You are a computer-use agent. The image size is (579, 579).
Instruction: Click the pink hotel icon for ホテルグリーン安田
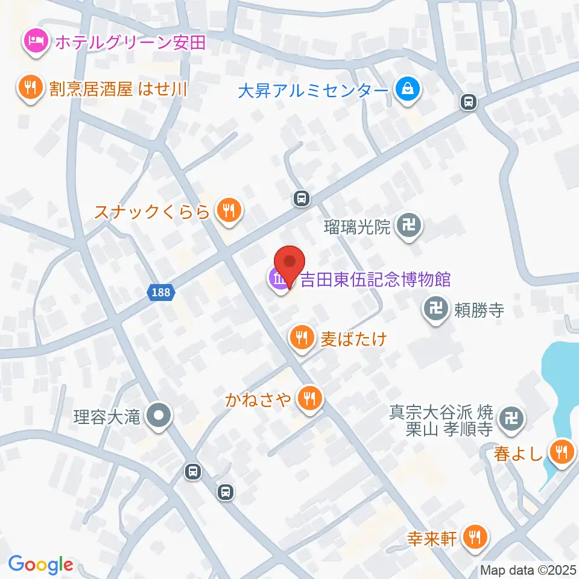click(x=32, y=42)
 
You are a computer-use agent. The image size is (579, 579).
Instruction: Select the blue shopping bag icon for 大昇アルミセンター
click(x=408, y=90)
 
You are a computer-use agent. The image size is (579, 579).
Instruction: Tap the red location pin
click(x=289, y=265)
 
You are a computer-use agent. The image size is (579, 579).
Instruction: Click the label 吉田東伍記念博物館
click(x=376, y=279)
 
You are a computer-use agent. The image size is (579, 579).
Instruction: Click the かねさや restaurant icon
click(x=309, y=398)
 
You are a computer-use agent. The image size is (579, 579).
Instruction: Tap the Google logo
click(x=40, y=565)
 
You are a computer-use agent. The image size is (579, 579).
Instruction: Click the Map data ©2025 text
click(x=528, y=569)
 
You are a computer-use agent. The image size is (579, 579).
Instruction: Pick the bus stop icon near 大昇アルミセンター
click(x=468, y=103)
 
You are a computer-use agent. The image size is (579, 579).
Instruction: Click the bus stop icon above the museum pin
click(x=302, y=198)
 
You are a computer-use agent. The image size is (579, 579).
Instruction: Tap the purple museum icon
click(x=279, y=280)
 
